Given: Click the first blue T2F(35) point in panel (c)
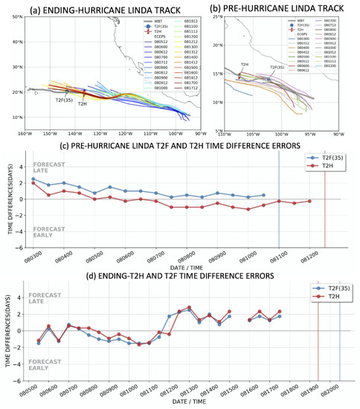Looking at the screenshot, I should [x=33, y=179].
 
